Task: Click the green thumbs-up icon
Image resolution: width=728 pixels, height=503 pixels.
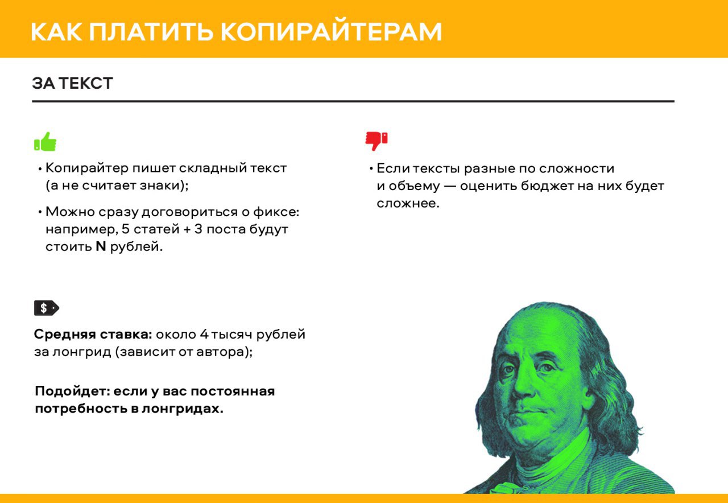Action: [x=45, y=142]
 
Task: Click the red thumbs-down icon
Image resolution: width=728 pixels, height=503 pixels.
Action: [x=377, y=141]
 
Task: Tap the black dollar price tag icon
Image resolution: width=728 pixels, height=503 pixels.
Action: [x=47, y=308]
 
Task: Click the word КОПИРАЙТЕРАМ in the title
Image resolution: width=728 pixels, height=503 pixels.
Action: [x=331, y=32]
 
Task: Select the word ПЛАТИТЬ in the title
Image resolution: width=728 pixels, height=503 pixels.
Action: [x=151, y=32]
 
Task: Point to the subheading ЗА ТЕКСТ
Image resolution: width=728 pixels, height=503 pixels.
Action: [x=72, y=83]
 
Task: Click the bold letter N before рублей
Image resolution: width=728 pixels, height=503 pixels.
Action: [x=101, y=246]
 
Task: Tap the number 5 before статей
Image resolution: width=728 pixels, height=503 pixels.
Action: [x=126, y=229]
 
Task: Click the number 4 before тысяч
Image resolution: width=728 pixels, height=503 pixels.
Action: [x=204, y=334]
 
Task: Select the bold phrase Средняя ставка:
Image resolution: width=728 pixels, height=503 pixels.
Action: [x=93, y=334]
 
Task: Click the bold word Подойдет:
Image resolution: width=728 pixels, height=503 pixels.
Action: [x=73, y=391]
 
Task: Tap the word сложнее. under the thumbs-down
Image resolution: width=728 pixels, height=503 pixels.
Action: [x=408, y=204]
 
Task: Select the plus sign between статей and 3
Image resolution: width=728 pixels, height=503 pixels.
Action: [x=187, y=229]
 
